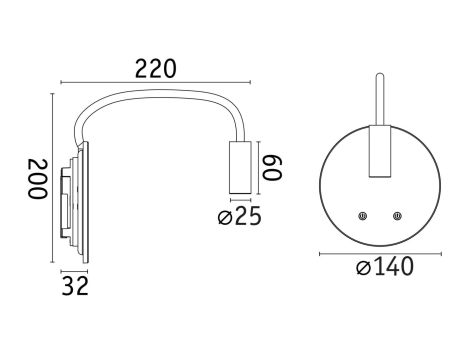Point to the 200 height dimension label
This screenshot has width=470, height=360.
[36, 179]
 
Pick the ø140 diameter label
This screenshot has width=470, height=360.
[384, 267]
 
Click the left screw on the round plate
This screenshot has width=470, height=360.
[363, 215]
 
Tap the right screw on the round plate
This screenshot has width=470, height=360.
[398, 215]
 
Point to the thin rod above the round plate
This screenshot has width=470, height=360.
[380, 100]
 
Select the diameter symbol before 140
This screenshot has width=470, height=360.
[364, 268]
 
